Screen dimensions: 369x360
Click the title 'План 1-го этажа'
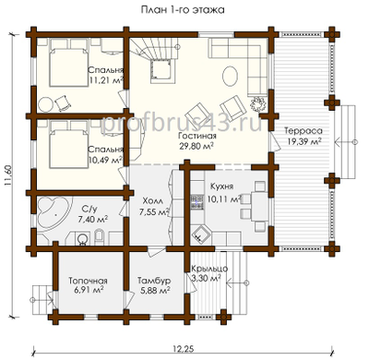point(183,10)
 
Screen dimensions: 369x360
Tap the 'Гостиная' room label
point(197,136)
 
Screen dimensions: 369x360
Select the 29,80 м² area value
point(196,146)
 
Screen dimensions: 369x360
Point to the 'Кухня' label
point(221,186)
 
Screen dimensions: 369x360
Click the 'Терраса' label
point(304,130)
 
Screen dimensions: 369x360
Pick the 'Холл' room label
point(153,201)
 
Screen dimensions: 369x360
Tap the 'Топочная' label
point(88,281)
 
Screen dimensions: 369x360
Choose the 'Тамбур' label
point(154,281)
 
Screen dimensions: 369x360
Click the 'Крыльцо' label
point(209,269)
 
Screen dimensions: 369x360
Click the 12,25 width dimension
point(183,348)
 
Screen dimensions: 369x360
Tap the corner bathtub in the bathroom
point(54,212)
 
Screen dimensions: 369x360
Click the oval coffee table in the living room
point(230,76)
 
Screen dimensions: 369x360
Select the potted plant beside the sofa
point(259,102)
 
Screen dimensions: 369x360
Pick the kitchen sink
point(200,234)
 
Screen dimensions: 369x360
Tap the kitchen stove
point(197,202)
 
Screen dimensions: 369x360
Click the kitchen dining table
point(259,206)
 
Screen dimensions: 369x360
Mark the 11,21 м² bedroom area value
point(106,80)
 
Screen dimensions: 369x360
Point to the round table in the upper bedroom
point(46,105)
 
